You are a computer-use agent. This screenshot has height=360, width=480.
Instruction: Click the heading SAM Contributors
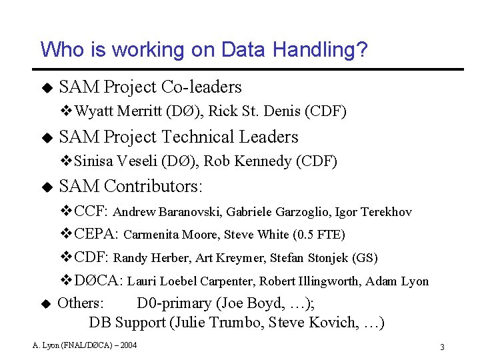131,186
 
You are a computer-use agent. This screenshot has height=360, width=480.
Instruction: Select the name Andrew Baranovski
167,213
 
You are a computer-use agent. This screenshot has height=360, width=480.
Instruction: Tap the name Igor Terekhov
373,213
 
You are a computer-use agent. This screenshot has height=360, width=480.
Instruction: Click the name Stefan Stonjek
311,258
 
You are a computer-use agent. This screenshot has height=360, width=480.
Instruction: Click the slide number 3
442,347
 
